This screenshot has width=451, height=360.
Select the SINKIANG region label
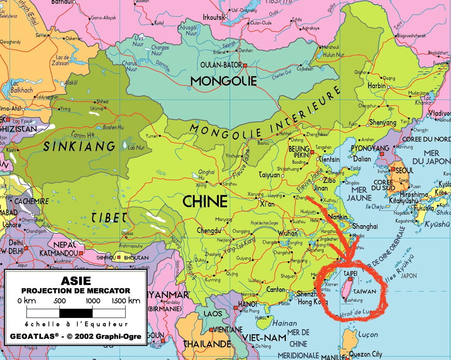point(79,146)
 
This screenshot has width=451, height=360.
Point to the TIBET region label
point(109,217)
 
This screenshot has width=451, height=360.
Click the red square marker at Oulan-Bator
point(245,65)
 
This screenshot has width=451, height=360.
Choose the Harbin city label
point(377,86)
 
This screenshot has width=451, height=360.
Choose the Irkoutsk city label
point(213,17)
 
